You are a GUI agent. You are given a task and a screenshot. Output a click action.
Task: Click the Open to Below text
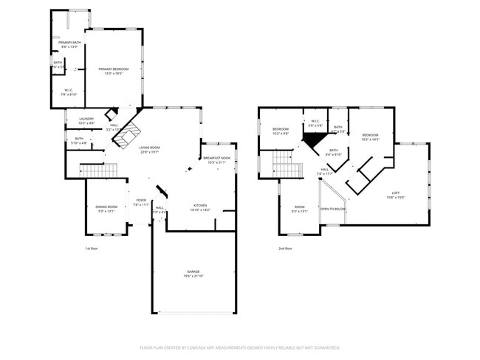click(334, 209)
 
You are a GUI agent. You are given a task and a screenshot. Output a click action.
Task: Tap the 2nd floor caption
click(285, 249)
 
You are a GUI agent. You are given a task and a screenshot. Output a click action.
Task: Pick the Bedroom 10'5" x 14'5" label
click(370, 137)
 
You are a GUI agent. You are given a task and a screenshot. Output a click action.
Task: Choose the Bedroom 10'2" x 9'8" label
click(280, 131)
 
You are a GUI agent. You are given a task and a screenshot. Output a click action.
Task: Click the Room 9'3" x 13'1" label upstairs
click(299, 209)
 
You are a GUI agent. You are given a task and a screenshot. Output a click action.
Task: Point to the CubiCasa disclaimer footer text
click(239, 347)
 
